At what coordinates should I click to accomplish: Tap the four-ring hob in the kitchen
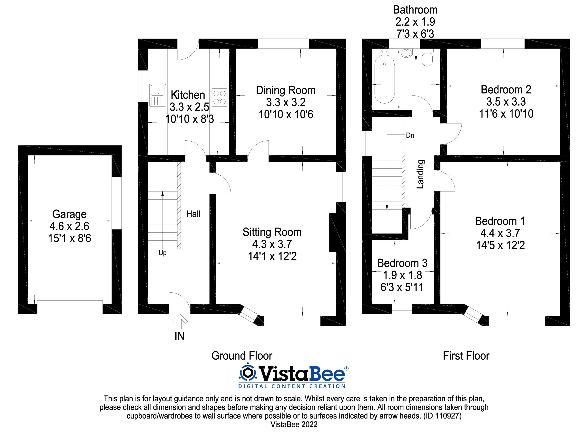[219, 97]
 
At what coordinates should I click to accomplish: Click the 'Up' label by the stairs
[162, 253]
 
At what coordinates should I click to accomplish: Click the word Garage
[69, 214]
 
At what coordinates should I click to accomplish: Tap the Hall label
[193, 214]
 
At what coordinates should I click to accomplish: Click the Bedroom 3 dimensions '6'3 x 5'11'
[402, 287]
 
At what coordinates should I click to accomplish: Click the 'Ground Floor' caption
[242, 356]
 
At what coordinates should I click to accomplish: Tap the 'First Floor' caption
[466, 356]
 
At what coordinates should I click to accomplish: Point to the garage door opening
[70, 307]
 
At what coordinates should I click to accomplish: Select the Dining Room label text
[286, 90]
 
